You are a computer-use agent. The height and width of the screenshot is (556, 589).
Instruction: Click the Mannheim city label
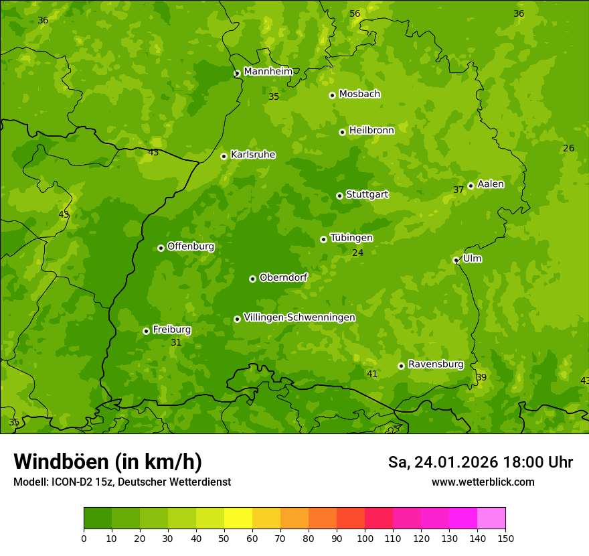click(x=268, y=72)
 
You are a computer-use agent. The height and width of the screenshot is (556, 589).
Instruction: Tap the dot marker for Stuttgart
click(x=339, y=196)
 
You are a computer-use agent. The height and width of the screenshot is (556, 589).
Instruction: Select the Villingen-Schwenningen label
click(x=299, y=318)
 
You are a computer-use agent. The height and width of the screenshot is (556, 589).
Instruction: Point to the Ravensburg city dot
click(x=401, y=366)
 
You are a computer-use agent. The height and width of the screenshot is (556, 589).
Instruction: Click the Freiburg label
click(x=171, y=330)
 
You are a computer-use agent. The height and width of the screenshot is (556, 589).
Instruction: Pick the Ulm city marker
click(x=456, y=260)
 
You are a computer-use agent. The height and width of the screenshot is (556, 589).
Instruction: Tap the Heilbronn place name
click(x=371, y=131)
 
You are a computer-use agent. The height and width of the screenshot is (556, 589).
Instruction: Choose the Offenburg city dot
click(x=161, y=248)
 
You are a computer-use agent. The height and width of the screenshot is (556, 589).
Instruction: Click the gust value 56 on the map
click(x=355, y=14)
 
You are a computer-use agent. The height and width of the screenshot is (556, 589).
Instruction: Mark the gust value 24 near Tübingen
click(x=357, y=253)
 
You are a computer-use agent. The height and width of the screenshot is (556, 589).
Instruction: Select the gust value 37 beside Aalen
click(x=458, y=190)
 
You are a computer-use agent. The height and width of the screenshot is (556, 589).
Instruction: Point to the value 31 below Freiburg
click(x=176, y=342)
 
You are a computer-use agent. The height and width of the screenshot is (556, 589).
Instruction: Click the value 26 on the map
click(x=568, y=148)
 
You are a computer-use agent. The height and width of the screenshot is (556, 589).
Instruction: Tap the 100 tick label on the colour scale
click(x=365, y=538)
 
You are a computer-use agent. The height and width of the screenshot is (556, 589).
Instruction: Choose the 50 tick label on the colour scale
click(x=224, y=538)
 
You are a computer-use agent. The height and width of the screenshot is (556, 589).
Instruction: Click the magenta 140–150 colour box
click(x=491, y=518)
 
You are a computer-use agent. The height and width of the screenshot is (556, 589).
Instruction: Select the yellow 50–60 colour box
click(x=238, y=518)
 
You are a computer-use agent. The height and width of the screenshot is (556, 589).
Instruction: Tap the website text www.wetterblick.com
click(x=483, y=482)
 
